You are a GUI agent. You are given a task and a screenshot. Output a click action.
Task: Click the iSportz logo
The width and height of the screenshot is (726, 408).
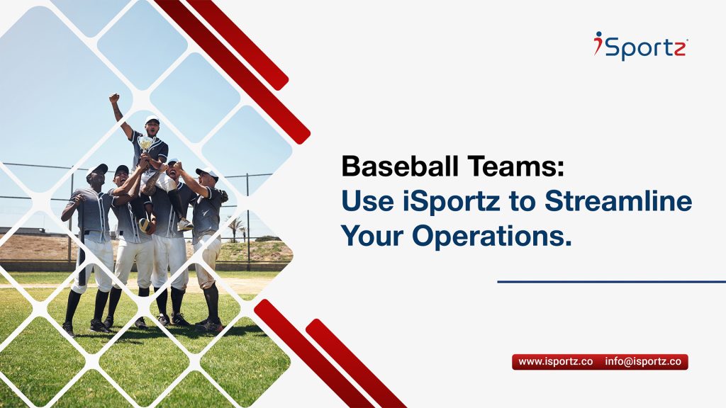641,45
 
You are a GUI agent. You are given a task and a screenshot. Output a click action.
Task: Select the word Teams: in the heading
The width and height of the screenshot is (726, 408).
516,166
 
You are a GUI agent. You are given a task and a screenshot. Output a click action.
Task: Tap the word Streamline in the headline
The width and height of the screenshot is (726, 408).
618,202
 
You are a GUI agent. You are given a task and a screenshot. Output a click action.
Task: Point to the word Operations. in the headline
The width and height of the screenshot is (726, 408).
492,237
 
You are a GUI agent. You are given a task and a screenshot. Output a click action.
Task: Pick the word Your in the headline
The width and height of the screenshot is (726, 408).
372,236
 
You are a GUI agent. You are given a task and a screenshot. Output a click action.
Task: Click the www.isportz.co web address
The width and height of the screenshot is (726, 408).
556,362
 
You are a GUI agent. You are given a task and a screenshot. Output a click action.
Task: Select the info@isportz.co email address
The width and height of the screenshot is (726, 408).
643,362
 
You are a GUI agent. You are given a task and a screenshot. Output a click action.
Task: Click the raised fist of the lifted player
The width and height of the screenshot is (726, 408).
114,98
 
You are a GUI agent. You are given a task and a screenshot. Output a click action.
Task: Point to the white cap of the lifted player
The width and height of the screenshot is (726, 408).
152,119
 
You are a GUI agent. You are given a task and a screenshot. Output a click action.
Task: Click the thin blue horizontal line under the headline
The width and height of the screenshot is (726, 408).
612,281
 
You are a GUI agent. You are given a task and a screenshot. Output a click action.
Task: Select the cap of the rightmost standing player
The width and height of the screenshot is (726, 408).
207,173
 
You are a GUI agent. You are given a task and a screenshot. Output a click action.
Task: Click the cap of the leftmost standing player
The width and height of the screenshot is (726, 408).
97,169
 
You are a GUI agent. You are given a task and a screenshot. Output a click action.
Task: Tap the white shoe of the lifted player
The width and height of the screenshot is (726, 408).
185,225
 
